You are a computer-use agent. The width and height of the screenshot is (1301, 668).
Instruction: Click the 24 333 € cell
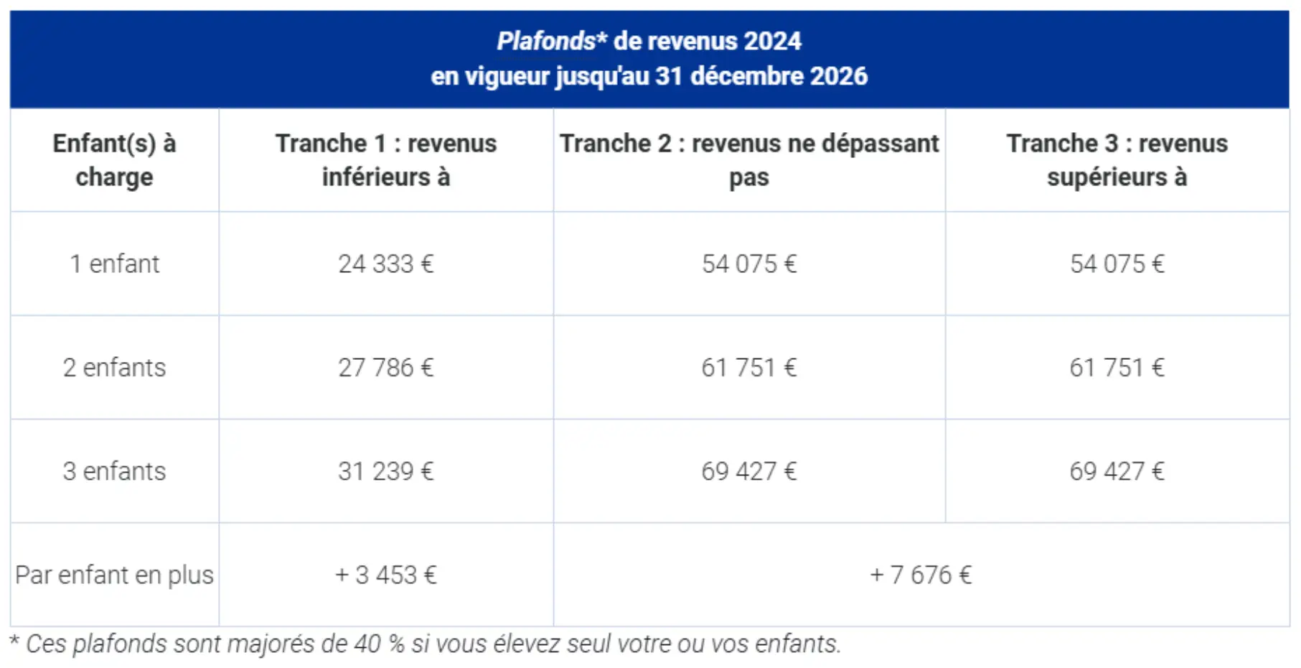(x=386, y=264)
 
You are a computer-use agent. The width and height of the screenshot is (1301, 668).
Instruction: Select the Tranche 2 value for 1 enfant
(x=749, y=264)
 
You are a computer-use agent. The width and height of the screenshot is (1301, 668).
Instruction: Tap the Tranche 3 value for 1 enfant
(x=1117, y=264)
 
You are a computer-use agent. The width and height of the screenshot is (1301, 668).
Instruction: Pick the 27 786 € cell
(x=386, y=368)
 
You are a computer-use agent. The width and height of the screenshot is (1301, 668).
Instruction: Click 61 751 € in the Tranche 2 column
(x=749, y=368)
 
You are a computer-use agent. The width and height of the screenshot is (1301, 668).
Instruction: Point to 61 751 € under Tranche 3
(x=1117, y=368)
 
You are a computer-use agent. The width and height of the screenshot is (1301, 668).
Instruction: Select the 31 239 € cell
(x=386, y=471)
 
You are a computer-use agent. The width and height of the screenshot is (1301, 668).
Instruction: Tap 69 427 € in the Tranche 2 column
(x=749, y=471)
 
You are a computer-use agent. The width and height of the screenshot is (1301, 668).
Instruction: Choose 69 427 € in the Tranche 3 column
(x=1117, y=471)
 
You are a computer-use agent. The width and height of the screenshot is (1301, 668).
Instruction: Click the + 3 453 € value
(x=386, y=575)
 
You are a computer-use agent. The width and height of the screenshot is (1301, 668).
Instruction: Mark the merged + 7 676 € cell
(x=921, y=575)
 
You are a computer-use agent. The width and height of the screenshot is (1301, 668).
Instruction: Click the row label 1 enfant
(x=114, y=264)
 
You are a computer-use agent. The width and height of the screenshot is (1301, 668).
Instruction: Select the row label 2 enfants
(x=114, y=368)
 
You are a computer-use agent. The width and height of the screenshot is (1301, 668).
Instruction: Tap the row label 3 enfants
(x=114, y=471)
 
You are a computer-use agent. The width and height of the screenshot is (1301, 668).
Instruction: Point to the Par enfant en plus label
(x=114, y=575)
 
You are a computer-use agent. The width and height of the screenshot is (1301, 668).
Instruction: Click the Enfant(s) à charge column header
(x=114, y=160)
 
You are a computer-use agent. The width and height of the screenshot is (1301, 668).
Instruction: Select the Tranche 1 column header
(x=386, y=160)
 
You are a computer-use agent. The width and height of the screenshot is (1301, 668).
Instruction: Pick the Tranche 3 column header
(x=1117, y=160)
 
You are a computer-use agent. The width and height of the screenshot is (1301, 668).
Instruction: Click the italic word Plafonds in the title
(x=545, y=42)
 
